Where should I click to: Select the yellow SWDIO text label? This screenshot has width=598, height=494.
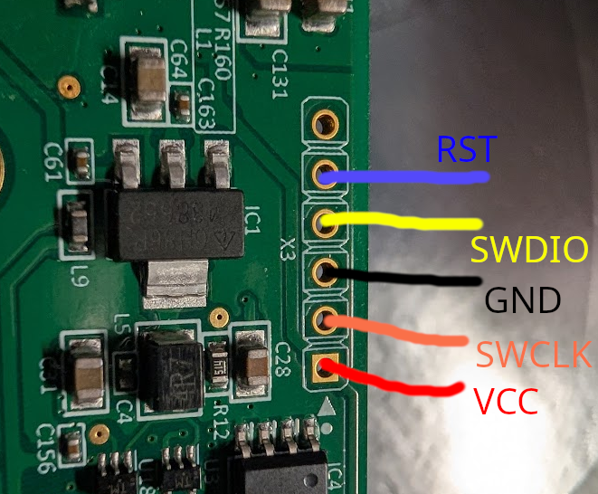[530, 250]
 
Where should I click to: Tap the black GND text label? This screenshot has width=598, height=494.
[523, 300]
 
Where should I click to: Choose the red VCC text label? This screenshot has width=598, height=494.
[506, 401]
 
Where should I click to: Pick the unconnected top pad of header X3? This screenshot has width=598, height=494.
[324, 122]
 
